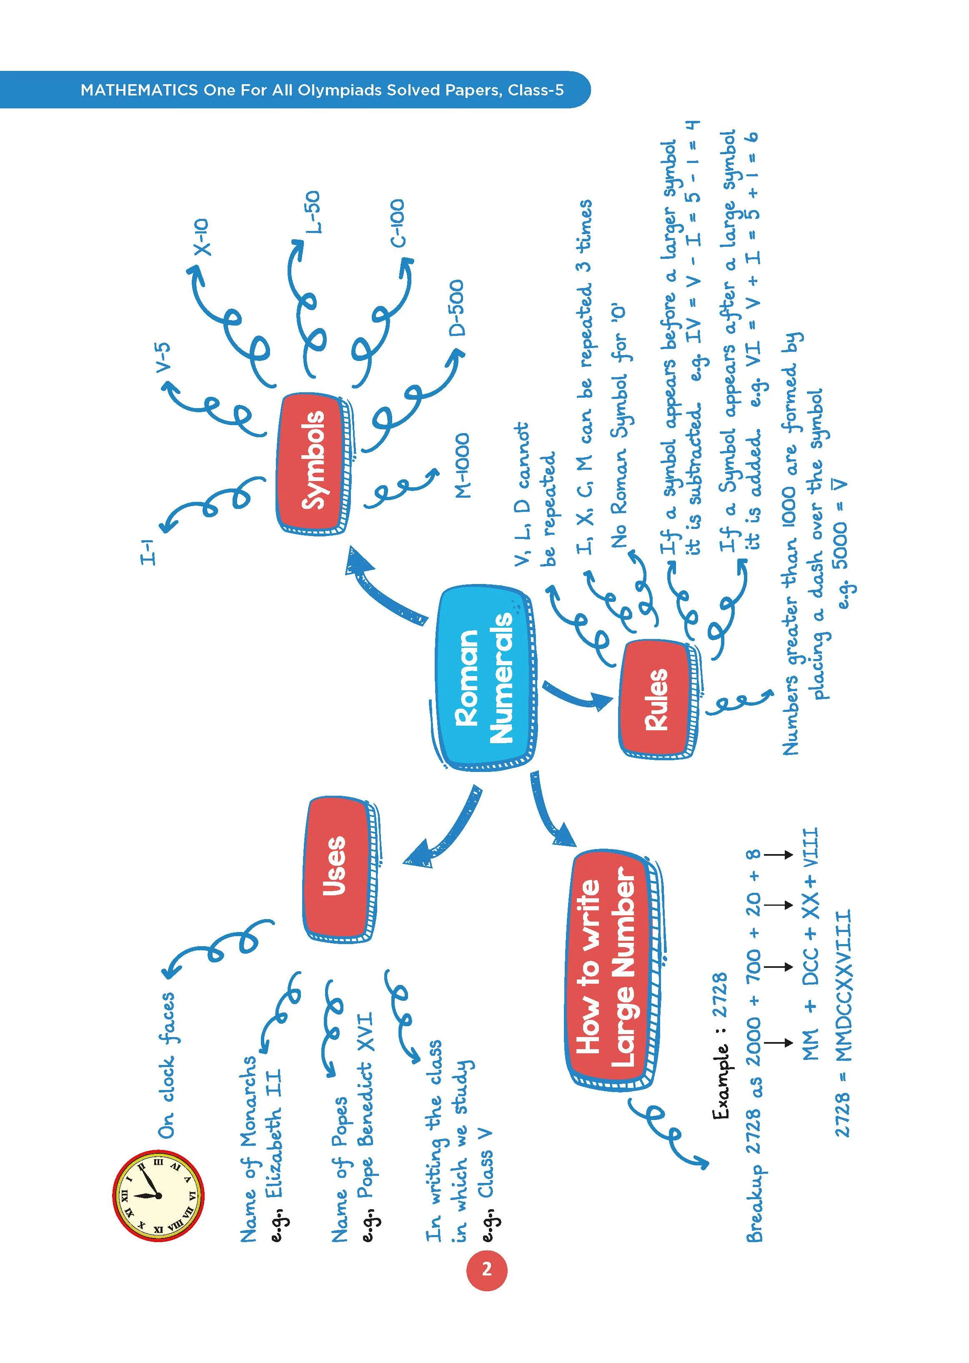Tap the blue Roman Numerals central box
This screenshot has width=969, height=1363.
pyautogui.click(x=484, y=680)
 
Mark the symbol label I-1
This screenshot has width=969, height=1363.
pyautogui.click(x=148, y=550)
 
